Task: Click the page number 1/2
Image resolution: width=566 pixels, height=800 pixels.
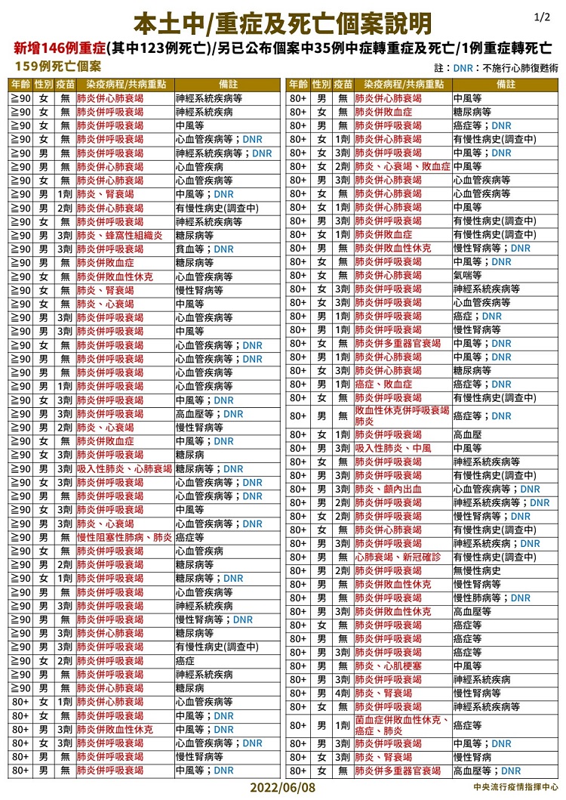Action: (x=542, y=16)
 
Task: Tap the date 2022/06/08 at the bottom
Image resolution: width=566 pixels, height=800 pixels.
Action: (x=283, y=787)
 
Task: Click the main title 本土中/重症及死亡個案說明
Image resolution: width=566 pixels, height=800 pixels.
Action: (x=282, y=24)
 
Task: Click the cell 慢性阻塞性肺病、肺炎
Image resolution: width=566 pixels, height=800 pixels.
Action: (x=125, y=537)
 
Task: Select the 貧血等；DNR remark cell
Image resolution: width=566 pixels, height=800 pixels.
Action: (x=205, y=249)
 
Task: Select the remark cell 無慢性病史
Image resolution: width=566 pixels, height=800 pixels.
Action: (x=477, y=570)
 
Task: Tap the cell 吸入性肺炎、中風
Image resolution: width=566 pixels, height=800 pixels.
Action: (x=393, y=448)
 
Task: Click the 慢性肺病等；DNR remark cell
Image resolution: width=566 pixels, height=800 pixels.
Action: (x=491, y=598)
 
